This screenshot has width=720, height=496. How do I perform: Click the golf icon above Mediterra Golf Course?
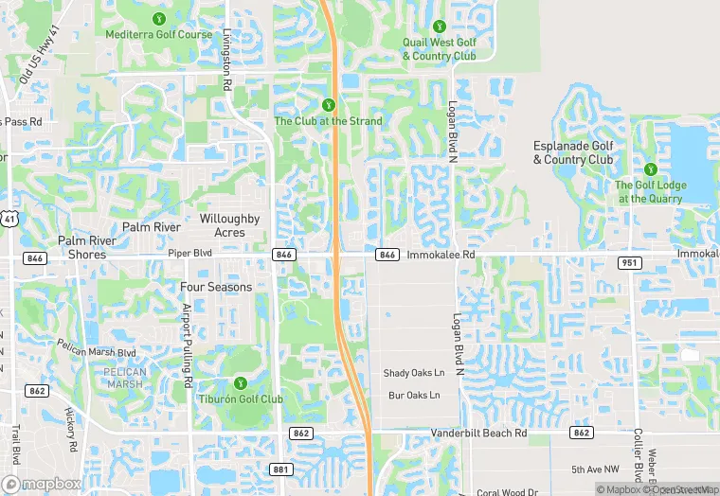tap(158, 19)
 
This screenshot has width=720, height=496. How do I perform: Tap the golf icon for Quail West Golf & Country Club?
tap(439, 27)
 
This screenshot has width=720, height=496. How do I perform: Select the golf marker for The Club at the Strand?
tap(329, 104)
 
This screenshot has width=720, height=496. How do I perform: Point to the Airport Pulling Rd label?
tap(189, 343)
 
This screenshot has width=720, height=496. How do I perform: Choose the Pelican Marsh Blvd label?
tap(97, 353)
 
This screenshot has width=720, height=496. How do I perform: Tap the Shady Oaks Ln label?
tap(413, 373)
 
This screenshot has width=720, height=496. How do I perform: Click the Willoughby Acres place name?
tap(229, 225)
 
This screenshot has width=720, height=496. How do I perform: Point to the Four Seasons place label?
tap(216, 287)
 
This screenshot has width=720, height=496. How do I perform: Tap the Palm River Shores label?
tap(86, 247)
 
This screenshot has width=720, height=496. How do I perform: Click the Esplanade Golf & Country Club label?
tap(573, 152)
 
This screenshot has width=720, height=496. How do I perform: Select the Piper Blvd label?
tap(190, 254)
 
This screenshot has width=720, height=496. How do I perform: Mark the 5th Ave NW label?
tap(594, 470)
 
